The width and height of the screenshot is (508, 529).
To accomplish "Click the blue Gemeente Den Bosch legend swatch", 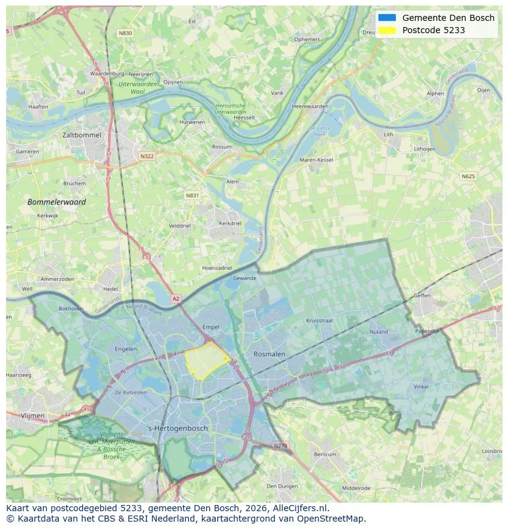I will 387,18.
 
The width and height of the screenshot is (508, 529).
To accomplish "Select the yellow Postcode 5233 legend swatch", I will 387,30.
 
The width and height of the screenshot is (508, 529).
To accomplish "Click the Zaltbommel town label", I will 82,135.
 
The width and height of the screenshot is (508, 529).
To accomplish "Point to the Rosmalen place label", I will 269,355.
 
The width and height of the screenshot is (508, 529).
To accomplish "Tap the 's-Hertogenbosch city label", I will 178,428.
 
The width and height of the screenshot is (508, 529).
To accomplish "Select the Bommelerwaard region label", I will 56,202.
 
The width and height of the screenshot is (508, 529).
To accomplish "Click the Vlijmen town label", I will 33,415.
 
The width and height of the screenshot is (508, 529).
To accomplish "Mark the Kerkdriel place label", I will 230,224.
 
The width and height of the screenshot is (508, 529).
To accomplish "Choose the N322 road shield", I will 147,156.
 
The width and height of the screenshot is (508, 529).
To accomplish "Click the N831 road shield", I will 193,195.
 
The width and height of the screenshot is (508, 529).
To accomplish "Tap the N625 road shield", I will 468,176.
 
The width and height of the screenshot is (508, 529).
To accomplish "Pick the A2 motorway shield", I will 176,299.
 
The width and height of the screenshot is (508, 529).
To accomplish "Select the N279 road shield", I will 280,445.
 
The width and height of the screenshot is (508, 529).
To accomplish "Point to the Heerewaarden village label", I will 310,106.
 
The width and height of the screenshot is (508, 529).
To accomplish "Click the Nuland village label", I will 379,332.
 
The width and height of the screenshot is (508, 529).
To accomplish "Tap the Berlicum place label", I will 325,454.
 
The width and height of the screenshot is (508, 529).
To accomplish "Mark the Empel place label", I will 210,327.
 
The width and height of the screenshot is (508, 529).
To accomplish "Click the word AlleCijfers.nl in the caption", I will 300,508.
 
